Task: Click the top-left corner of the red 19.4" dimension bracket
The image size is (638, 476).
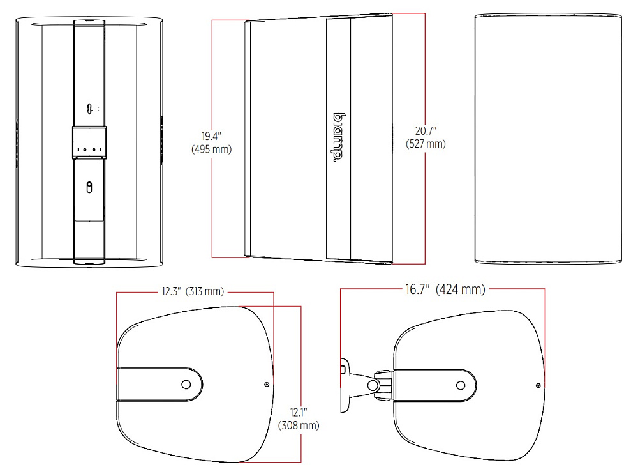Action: tap(212, 20)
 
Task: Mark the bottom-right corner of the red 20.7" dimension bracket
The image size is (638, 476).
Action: tap(425, 264)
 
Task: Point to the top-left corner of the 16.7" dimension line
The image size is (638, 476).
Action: tap(341, 289)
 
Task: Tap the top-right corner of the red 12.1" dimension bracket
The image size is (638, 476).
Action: tap(301, 307)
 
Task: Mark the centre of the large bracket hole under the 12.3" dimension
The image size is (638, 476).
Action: tap(186, 384)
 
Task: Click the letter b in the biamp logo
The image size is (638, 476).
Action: tap(339, 118)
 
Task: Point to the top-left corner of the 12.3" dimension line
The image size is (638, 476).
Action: tap(117, 292)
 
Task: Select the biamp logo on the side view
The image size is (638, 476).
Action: tap(339, 138)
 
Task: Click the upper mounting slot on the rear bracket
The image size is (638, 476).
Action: tap(90, 109)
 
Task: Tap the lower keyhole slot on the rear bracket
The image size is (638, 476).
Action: tap(89, 187)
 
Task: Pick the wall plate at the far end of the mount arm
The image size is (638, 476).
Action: tap(345, 385)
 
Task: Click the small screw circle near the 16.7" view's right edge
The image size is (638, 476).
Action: tap(538, 385)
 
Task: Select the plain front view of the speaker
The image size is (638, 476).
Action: tap(548, 139)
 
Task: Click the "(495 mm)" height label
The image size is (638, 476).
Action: tap(212, 149)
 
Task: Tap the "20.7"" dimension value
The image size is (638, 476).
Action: tap(426, 131)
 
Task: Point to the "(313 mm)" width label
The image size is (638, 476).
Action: tap(205, 291)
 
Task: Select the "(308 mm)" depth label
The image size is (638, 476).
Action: tap(299, 426)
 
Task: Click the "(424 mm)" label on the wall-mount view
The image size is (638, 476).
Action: tap(461, 289)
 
